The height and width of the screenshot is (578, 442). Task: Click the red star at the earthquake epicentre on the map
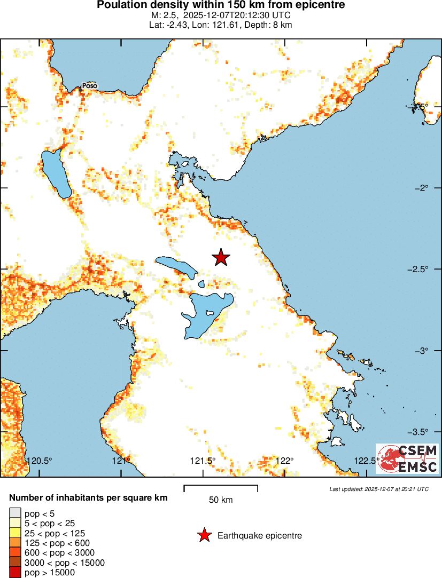tap(221, 257)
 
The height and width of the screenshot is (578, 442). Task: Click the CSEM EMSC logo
tap(407, 458)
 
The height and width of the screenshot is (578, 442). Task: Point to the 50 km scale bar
tap(221, 488)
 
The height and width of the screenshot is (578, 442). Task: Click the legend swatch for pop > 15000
tap(15, 572)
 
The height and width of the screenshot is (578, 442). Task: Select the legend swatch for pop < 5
tap(15, 514)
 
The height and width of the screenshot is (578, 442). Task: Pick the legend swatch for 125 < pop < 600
tap(15, 543)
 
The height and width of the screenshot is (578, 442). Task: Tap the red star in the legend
tap(204, 535)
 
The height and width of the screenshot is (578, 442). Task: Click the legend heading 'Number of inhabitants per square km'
tap(88, 497)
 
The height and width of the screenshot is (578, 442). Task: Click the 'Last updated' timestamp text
tap(378, 489)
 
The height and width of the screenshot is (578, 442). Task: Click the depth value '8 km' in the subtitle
tap(282, 25)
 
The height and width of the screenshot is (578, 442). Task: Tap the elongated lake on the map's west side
tap(56, 173)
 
